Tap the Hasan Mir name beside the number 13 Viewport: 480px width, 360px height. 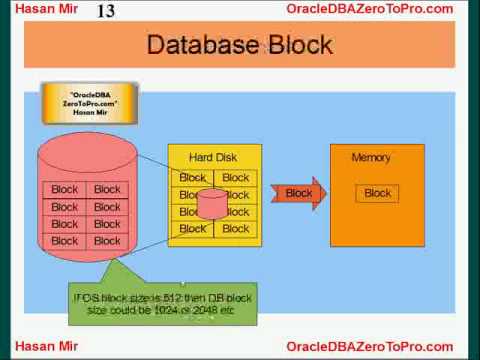pos(42,9)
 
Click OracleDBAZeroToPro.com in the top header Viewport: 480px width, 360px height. pos(369,9)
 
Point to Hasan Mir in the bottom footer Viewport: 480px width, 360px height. pos(42,346)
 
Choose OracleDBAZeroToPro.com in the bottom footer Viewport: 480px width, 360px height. pos(369,346)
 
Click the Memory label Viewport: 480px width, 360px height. pos(371,158)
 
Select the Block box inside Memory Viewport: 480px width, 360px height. pos(378,193)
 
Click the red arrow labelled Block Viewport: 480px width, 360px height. pos(300,193)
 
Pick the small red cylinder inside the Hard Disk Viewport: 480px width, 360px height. pos(212,203)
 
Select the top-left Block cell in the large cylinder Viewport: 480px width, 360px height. pos(65,190)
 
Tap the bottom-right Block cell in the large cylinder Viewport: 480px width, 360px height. pos(107,241)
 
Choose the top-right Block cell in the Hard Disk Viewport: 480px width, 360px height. pos(236,178)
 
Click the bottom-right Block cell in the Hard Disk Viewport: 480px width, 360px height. pos(236,229)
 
